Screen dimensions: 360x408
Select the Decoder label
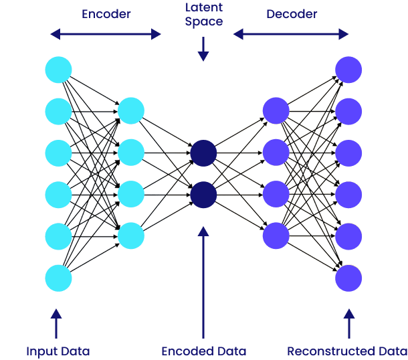pos(291,13)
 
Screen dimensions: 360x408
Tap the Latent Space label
pos(203,15)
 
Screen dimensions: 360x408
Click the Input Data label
pos(58,351)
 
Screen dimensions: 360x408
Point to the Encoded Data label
pos(203,351)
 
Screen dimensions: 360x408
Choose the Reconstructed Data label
pos(347,351)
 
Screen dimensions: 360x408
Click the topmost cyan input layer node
pos(58,70)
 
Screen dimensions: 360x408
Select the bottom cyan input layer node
pos(58,278)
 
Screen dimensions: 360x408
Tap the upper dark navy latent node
pos(203,153)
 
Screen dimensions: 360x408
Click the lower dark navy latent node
pos(203,195)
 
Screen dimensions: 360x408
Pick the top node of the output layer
pos(348,70)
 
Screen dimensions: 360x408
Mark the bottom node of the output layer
pos(348,278)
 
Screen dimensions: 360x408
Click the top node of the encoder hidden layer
pos(131,111)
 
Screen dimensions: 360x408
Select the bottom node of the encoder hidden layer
pos(131,236)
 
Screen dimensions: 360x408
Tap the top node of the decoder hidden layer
pos(276,111)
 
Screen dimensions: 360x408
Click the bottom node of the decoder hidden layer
pos(276,236)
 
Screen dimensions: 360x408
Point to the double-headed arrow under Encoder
pos(106,34)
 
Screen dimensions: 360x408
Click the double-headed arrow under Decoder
pos(291,34)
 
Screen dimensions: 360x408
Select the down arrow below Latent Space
pos(203,48)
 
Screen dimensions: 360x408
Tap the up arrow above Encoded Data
pos(203,281)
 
